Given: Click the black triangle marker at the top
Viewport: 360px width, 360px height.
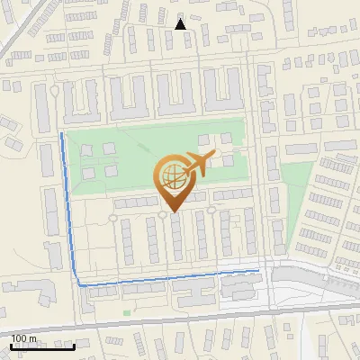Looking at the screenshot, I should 181,24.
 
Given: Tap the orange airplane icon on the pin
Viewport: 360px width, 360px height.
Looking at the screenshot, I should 197,164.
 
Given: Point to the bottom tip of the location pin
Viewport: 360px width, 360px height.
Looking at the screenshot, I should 173,211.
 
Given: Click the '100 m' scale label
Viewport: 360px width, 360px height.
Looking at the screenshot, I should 24,338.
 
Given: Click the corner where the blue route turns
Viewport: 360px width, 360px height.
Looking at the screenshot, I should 79,284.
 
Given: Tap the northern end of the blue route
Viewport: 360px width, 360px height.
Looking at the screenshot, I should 61,134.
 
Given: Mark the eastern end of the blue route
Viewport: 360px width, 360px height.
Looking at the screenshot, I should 258,269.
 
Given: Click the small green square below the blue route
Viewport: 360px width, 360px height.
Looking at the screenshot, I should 127,313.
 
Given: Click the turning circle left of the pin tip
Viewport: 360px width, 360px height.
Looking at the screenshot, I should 163,214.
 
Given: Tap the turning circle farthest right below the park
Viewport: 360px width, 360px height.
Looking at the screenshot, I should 211,210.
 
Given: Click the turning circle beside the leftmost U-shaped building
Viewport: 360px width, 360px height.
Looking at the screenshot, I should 56,91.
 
